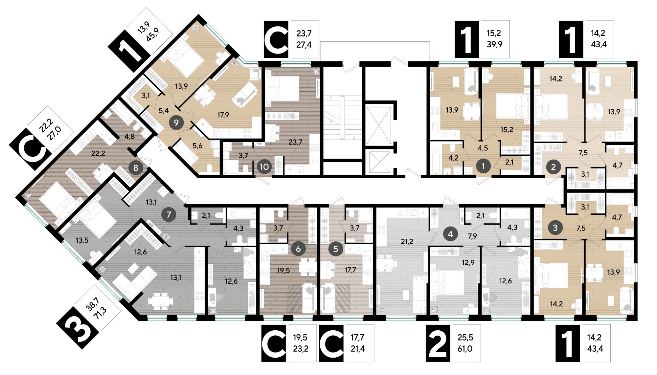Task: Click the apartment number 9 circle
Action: [x=176, y=122]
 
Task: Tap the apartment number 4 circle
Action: [x=450, y=234]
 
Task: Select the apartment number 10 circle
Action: [x=264, y=167]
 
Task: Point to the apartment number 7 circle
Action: [x=169, y=215]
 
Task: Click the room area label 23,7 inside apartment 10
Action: [x=295, y=142]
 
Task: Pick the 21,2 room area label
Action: [x=407, y=242]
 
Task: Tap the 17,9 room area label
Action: [x=223, y=115]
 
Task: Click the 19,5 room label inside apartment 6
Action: [x=283, y=271]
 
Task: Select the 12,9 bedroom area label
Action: [x=468, y=262]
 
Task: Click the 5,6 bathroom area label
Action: [x=197, y=146]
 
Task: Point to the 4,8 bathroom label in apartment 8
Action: [x=130, y=136]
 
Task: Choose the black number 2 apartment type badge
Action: [x=438, y=343]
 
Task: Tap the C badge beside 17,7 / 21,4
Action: [x=331, y=343]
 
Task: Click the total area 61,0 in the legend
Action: [x=465, y=348]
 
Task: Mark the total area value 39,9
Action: [x=494, y=44]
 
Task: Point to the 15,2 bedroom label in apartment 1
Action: [x=507, y=129]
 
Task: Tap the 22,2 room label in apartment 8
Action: [x=98, y=153]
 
